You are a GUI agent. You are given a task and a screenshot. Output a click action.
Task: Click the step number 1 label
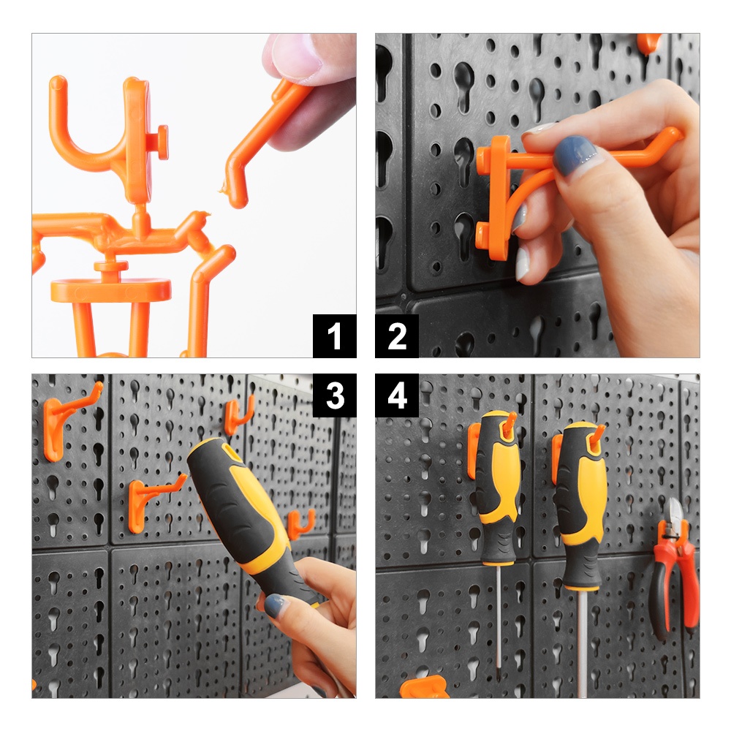pyautogui.click(x=334, y=336)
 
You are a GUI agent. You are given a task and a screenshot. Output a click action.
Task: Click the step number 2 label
pyautogui.click(x=397, y=336)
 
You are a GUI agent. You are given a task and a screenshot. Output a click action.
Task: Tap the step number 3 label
pyautogui.click(x=334, y=395)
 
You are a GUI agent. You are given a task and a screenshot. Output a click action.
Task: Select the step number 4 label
pyautogui.click(x=397, y=395)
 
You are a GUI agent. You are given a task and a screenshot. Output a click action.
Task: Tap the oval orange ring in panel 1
pyautogui.click(x=110, y=290)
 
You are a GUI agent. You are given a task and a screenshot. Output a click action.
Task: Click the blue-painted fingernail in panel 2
pyautogui.click(x=573, y=155)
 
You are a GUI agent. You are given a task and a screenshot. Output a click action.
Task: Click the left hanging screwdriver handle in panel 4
pyautogui.click(x=497, y=487)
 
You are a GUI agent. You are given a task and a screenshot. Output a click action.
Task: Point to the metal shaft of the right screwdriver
pyautogui.click(x=582, y=644)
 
